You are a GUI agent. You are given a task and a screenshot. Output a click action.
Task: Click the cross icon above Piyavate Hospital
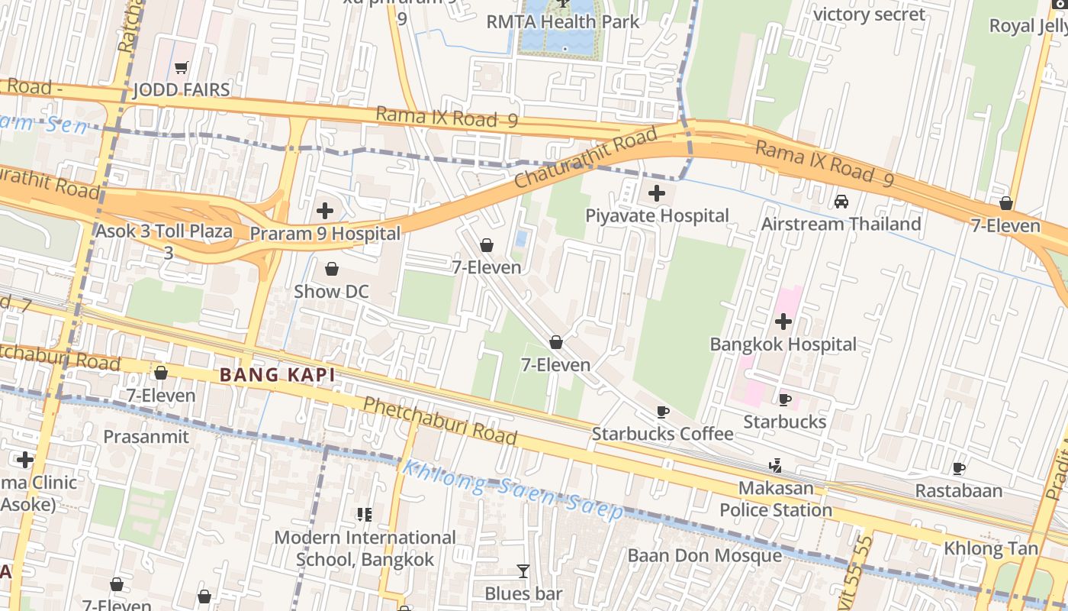coord(656,193)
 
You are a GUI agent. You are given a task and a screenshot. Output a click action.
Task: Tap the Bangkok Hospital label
coord(783,344)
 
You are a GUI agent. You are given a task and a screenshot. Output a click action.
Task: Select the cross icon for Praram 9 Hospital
coord(325,211)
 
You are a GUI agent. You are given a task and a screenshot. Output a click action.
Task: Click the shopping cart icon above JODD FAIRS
coord(181,68)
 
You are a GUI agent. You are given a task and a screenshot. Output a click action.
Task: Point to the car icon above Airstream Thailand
coord(841,202)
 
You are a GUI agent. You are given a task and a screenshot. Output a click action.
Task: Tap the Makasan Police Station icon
coord(776,465)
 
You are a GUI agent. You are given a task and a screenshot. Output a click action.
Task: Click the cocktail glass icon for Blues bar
coord(523,571)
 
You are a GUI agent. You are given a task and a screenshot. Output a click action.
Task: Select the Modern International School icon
coord(365,515)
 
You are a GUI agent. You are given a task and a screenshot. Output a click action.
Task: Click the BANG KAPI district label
coord(278,375)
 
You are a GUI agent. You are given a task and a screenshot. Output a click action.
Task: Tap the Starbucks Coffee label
coord(662,435)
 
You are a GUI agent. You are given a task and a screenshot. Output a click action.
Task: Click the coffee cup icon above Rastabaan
coord(959,468)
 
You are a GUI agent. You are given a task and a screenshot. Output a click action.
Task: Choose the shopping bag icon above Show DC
coord(332,269)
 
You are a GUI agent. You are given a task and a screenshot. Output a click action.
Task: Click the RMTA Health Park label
coord(563,21)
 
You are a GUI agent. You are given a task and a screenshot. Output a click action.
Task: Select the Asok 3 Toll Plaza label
coord(164,231)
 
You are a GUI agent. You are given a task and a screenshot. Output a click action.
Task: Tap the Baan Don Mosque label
coord(704,555)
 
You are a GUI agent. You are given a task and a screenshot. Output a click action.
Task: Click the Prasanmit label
coord(146,437)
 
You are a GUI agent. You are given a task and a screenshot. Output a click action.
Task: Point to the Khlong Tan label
coord(990,548)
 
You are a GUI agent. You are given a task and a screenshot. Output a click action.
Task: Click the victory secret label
coord(869,15)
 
